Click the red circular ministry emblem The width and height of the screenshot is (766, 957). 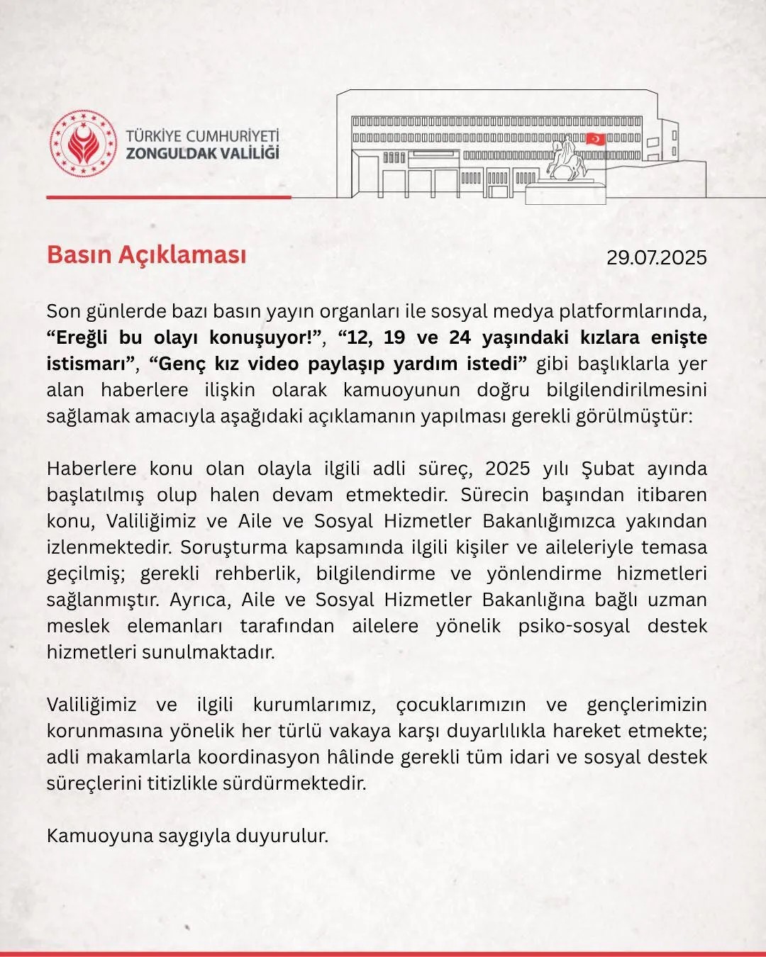(x=84, y=144)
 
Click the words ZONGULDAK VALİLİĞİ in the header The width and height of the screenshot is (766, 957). (x=202, y=153)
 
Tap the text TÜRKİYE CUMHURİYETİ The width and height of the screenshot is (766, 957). (x=202, y=135)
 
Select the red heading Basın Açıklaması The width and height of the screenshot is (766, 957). (x=147, y=254)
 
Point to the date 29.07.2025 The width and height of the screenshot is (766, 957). (x=656, y=257)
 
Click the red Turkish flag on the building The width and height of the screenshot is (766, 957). (x=595, y=139)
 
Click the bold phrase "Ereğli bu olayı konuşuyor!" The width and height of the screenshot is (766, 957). (x=184, y=337)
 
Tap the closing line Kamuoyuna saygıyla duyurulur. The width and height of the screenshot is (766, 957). (x=188, y=836)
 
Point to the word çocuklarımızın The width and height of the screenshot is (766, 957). (x=461, y=705)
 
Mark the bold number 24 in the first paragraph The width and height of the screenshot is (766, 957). (x=460, y=337)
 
